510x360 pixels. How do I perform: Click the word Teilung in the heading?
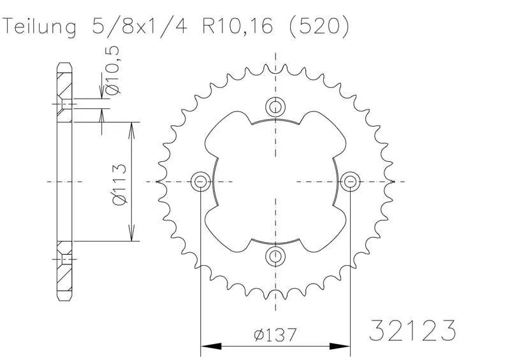click(x=40, y=26)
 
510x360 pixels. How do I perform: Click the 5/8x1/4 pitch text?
click(x=140, y=25)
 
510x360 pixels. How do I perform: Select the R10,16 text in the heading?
click(x=237, y=26)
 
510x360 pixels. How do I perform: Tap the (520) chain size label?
click(x=319, y=26)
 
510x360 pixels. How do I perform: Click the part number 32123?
click(x=412, y=330)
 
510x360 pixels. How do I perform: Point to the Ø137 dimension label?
click(x=275, y=335)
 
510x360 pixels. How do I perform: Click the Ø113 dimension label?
click(x=119, y=184)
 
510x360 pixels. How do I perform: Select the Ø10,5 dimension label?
click(x=112, y=70)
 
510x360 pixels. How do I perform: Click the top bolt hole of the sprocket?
click(x=275, y=106)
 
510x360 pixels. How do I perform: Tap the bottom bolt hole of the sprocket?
click(x=275, y=257)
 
